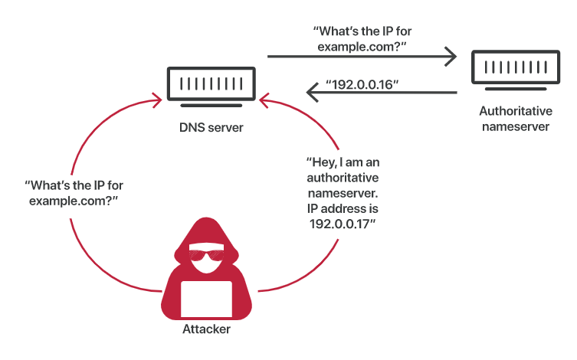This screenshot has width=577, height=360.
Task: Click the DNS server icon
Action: tap(211, 87)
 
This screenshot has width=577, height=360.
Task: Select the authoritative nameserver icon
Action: tap(516, 70)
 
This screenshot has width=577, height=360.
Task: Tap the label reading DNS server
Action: tap(211, 128)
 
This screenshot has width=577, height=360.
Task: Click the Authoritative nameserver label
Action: tap(516, 119)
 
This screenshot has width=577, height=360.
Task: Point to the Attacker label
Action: tap(206, 329)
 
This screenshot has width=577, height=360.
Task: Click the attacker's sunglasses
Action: tap(206, 255)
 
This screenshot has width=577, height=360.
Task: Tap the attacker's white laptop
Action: tap(206, 299)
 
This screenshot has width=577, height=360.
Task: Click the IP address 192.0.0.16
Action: tap(362, 84)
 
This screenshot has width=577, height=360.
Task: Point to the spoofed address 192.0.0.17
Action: tap(343, 224)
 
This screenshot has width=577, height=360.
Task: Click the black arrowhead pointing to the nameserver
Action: tap(451, 57)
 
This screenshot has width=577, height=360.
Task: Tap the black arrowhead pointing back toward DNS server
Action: tap(313, 93)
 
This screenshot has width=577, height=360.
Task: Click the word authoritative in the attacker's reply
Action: tap(343, 178)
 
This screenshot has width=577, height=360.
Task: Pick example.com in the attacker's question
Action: tap(68, 201)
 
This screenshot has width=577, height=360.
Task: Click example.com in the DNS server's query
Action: tap(356, 47)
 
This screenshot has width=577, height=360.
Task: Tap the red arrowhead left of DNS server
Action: tap(158, 100)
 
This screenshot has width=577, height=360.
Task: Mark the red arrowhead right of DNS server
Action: tap(264, 100)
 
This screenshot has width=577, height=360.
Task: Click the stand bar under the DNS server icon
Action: tap(211, 106)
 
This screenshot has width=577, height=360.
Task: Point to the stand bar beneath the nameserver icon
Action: tap(516, 89)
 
